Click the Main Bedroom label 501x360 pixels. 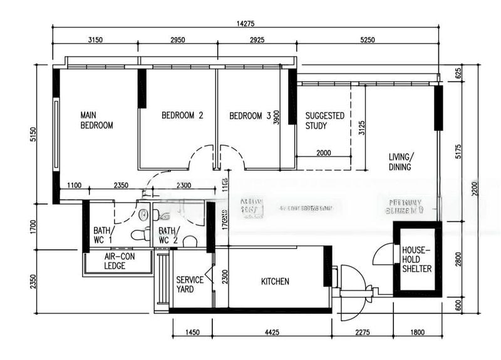coord(96,120)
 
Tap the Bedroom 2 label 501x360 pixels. coord(182,116)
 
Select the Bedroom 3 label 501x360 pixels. coord(250,116)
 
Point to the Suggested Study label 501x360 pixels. coord(324,120)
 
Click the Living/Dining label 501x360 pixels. coord(401,162)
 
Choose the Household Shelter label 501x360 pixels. coord(417,259)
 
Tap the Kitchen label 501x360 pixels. coord(275,282)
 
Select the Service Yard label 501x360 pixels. coord(189,285)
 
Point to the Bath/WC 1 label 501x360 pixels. coord(102,235)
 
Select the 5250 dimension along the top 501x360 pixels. coord(368,40)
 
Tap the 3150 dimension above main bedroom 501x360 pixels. coord(95,40)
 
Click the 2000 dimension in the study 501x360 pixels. coord(323,152)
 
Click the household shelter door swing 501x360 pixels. coord(382,255)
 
